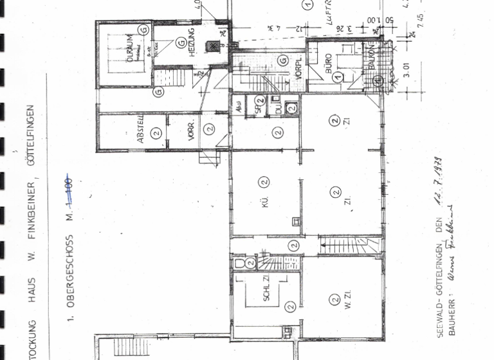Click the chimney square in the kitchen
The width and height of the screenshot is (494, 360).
(295, 221)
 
